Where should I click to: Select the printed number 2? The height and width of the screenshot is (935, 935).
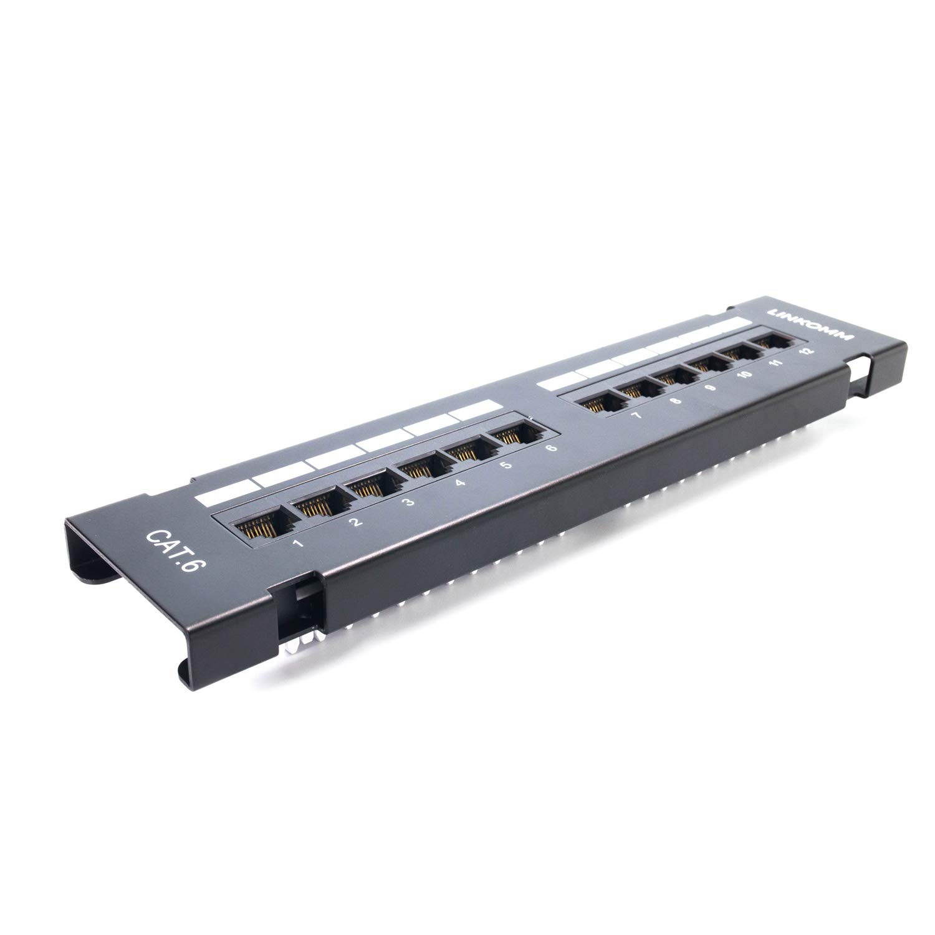tap(355, 522)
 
